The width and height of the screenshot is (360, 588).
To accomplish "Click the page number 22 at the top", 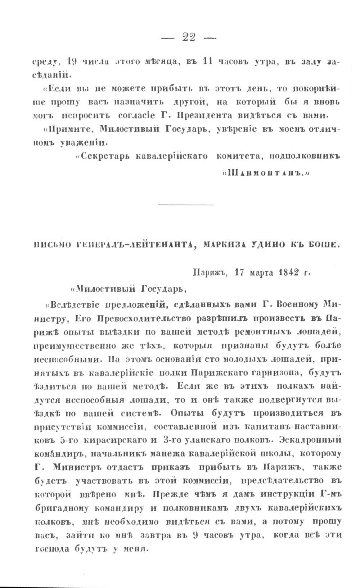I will (189, 37).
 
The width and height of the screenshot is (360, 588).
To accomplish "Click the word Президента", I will (194, 116).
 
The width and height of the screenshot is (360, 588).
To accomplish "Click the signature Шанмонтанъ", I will (264, 173).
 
